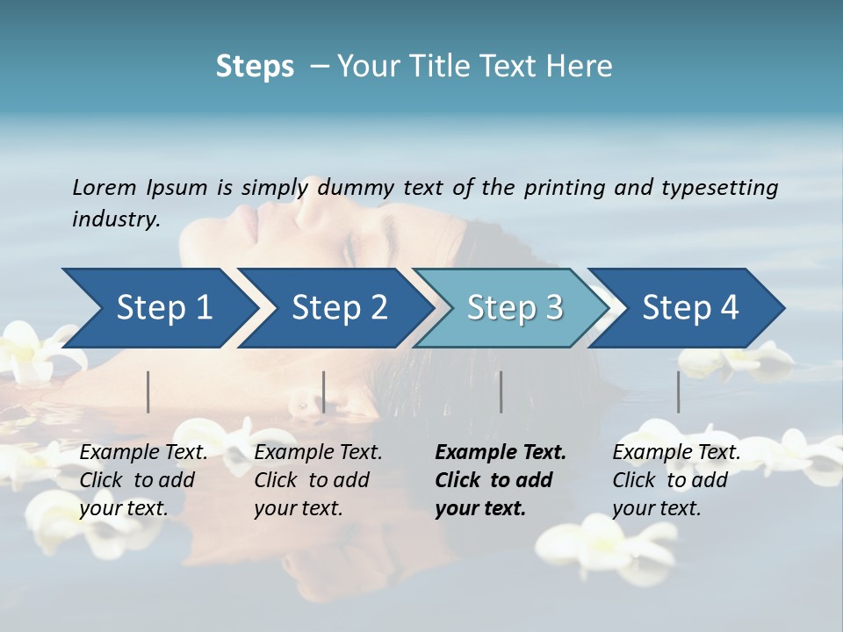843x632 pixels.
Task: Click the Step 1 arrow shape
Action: tap(163, 308)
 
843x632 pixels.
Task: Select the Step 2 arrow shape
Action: tap(339, 308)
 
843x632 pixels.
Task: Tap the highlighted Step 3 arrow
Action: tap(515, 308)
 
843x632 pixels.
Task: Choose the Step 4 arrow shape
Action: tap(690, 308)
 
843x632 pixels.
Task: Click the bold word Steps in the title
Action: tap(255, 67)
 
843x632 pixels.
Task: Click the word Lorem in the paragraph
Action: tap(104, 187)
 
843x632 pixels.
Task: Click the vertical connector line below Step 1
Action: tap(148, 391)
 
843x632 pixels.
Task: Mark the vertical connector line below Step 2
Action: tap(324, 391)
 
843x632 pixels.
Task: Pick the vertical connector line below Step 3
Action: tap(501, 391)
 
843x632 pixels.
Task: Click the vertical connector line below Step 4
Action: tap(679, 391)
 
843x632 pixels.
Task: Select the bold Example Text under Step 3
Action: tap(501, 453)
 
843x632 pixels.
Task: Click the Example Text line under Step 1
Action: tap(144, 453)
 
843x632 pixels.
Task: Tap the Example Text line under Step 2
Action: tap(318, 453)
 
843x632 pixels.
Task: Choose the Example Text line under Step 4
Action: tap(676, 453)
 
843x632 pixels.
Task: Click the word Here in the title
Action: tap(583, 67)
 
